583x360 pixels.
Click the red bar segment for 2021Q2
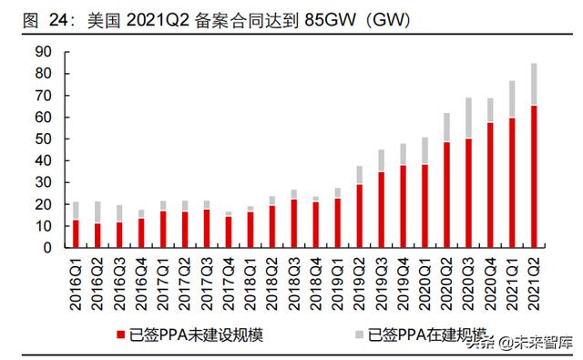point(533,176)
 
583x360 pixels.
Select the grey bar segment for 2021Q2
point(533,84)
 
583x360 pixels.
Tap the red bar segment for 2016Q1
point(77,233)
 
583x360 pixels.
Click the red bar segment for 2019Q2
point(360,215)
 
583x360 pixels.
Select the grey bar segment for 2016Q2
point(97,212)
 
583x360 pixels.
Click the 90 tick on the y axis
point(42,52)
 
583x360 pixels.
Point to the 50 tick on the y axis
point(42,139)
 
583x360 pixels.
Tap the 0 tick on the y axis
point(46,247)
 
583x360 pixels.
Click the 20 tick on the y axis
point(42,204)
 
